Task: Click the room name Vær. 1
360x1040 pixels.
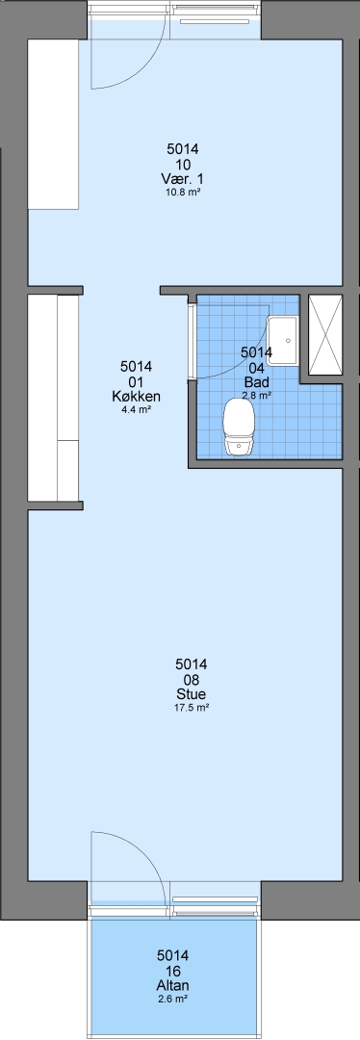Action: point(182,179)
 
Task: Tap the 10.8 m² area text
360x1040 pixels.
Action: point(183,193)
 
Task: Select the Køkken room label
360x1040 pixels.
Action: point(137,397)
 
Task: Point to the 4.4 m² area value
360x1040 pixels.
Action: point(137,409)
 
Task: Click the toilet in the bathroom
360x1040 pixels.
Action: point(239,427)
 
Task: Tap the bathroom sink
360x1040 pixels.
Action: point(283,341)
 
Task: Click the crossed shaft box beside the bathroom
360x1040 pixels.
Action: point(325,336)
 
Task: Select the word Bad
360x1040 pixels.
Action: point(257,382)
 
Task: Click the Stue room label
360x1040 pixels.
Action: point(191,694)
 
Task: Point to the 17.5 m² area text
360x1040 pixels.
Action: point(192,708)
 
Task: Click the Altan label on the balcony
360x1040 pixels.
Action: point(173,986)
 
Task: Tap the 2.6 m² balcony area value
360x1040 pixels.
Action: point(173,1000)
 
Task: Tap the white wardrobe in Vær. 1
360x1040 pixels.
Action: point(53,124)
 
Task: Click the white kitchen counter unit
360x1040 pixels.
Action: point(53,398)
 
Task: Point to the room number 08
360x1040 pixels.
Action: point(191,679)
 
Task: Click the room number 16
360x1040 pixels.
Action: point(173,971)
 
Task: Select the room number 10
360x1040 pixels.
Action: point(183,165)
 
